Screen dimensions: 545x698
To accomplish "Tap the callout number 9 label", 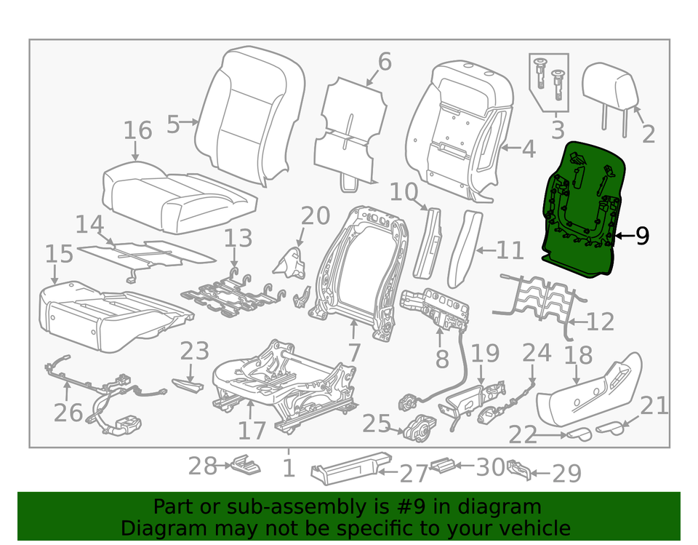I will click(641, 236).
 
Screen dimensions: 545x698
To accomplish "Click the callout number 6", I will click(384, 62).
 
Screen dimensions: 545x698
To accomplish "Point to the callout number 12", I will click(600, 321).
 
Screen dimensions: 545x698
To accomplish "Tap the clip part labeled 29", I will click(519, 469).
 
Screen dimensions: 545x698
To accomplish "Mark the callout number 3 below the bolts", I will click(558, 130).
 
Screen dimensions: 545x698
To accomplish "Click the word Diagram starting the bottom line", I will click(157, 528).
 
